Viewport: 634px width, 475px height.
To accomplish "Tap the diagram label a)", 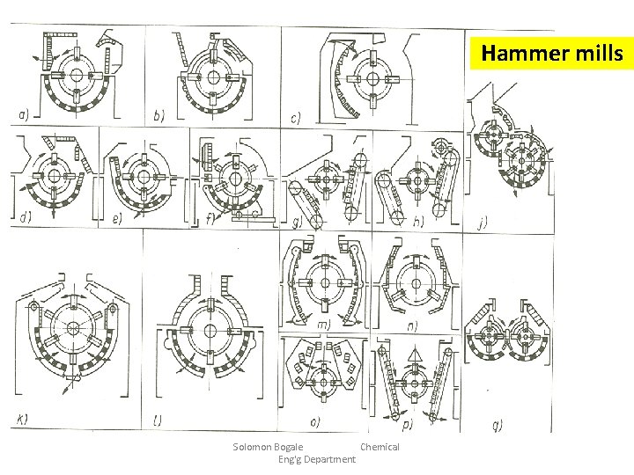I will pos(27,113).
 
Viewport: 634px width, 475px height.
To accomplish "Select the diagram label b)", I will pos(158,113).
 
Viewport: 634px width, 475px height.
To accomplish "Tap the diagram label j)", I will pos(481,223).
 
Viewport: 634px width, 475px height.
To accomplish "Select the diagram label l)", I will pos(158,420).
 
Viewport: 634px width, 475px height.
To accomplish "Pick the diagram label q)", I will pos(498,425).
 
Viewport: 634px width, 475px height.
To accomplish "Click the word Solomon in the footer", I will pos(254,447).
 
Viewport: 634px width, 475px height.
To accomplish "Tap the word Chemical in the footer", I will pos(380,447).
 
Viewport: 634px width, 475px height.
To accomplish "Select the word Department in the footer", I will pos(325,459).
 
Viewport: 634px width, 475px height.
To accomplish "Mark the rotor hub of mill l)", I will pos(212,330).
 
